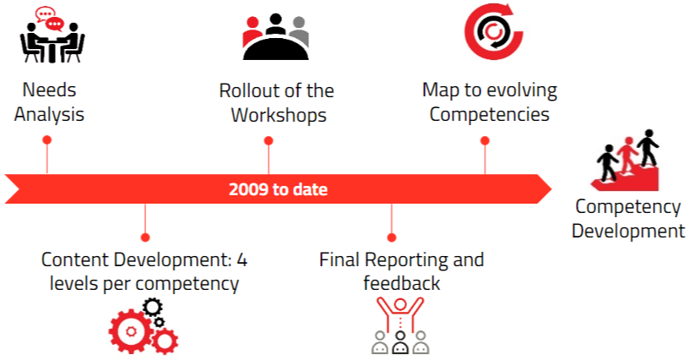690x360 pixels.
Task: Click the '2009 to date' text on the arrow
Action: pos(278,189)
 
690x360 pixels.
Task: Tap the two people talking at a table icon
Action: pos(52,35)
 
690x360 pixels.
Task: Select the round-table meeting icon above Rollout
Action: pos(276,36)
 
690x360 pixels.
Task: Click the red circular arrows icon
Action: pos(493,31)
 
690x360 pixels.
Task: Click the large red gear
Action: pos(131,331)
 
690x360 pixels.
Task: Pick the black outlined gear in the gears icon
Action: pos(153,308)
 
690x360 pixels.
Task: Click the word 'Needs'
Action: pos(49,90)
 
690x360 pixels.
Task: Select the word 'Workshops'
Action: pos(279,115)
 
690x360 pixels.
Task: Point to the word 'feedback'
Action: pos(401,283)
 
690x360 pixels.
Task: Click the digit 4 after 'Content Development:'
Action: pos(242,259)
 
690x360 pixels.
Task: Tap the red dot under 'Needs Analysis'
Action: pos(47,140)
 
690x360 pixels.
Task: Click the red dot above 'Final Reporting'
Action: pos(392,237)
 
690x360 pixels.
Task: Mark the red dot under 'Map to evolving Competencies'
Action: pos(485,141)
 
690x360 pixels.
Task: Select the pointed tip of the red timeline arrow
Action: pos(551,189)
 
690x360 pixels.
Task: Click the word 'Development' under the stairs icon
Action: pos(628,231)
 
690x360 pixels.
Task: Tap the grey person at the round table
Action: pos(300,30)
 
